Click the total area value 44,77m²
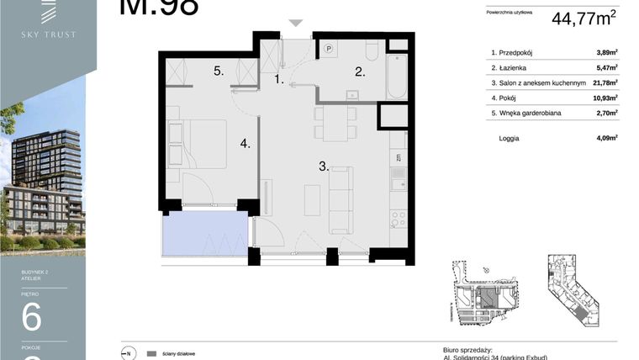click(x=584, y=18)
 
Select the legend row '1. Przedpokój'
click(x=517, y=52)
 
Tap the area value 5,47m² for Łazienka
click(x=606, y=67)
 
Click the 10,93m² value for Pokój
click(x=605, y=98)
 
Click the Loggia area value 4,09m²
click(x=606, y=137)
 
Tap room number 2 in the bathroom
click(x=360, y=72)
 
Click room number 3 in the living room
click(x=323, y=167)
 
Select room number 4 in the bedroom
click(x=245, y=144)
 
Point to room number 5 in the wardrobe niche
click(x=218, y=71)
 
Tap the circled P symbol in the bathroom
click(x=330, y=49)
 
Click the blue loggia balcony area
click(x=204, y=233)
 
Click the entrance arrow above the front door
click(x=295, y=24)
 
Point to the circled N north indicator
click(x=128, y=353)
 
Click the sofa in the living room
click(x=341, y=199)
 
